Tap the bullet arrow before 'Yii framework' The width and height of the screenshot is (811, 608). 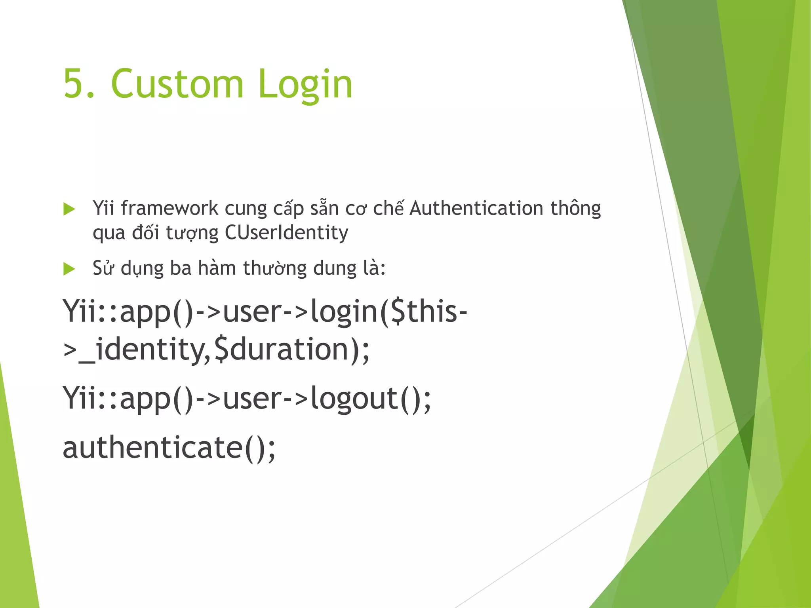pyautogui.click(x=69, y=209)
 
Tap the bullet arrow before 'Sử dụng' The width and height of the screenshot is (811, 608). pyautogui.click(x=69, y=269)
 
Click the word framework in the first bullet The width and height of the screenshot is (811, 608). pyautogui.click(x=169, y=208)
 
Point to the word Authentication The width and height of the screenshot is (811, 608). pyautogui.click(x=476, y=208)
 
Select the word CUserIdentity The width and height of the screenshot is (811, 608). pyautogui.click(x=286, y=232)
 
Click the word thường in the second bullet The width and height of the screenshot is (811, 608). pyautogui.click(x=275, y=269)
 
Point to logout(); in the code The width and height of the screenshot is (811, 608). pyautogui.click(x=371, y=398)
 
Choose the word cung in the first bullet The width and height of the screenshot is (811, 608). pyautogui.click(x=246, y=209)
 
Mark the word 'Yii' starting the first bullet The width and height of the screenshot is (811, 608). pyautogui.click(x=103, y=208)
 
